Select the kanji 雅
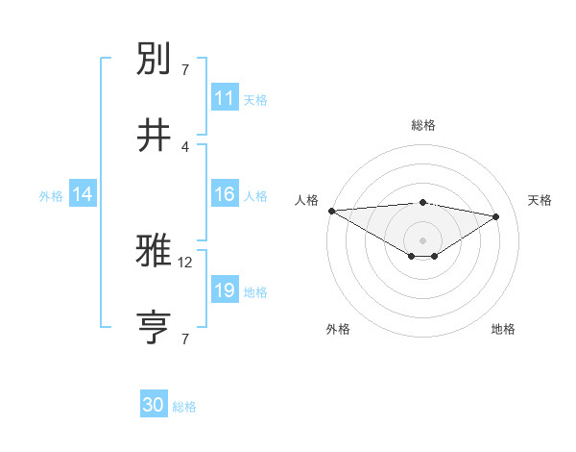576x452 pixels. (x=156, y=251)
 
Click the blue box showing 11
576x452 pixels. (x=225, y=98)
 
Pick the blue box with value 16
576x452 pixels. (x=225, y=194)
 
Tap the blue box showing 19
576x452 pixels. (x=225, y=290)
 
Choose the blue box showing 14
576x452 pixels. (x=83, y=194)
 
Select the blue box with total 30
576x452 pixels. (x=154, y=406)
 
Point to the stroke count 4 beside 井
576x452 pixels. (x=185, y=146)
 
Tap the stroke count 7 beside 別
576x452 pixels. (x=185, y=69)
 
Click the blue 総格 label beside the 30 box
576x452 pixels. (x=185, y=407)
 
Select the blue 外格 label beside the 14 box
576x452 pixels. (x=51, y=195)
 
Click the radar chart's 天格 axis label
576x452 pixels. (x=540, y=200)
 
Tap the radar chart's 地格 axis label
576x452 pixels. (x=503, y=329)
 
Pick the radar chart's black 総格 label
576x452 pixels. (x=423, y=125)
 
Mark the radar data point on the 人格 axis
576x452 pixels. (x=331, y=211)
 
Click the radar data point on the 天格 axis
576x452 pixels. (x=496, y=216)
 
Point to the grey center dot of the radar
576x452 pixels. (x=422, y=239)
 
